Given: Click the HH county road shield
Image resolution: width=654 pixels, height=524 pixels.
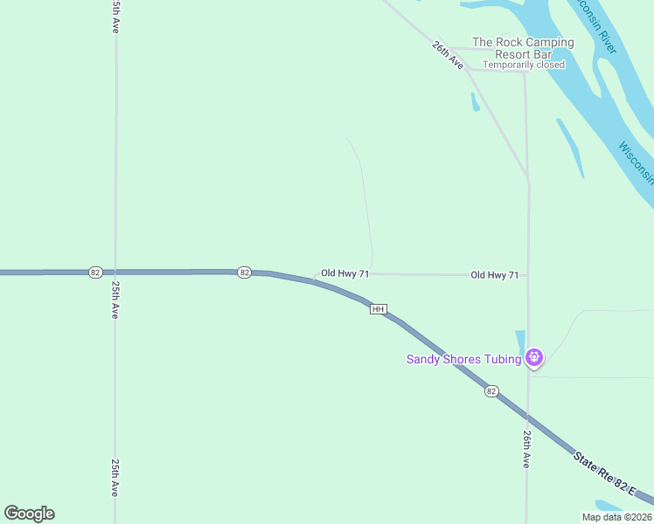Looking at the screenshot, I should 379,309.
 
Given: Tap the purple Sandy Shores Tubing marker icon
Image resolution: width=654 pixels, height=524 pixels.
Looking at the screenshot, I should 534,358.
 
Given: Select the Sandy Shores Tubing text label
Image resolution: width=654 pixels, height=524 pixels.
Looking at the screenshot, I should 463,359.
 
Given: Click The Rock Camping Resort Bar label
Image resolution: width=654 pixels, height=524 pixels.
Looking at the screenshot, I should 523,48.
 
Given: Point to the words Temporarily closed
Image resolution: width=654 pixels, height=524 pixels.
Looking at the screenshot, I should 524,65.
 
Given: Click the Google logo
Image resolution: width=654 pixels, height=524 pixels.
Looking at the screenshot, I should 29,514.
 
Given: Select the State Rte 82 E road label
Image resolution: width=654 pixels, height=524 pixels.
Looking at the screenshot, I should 612,474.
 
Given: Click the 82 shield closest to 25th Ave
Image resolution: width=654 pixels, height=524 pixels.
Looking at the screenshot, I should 94,272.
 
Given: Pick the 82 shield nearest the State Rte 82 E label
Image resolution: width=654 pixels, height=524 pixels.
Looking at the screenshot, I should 491,391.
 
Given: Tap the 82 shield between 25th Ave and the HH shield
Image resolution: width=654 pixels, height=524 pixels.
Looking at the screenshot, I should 244,272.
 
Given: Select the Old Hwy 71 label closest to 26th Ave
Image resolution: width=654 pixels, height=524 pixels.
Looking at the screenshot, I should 495,275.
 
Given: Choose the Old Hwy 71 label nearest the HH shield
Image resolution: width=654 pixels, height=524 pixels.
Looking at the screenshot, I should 344,273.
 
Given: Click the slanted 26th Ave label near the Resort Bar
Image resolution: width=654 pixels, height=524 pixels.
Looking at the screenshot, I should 447,53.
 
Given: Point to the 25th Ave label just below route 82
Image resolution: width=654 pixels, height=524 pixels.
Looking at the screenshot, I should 115,300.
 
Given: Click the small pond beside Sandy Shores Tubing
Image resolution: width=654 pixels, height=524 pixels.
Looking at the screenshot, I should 520,341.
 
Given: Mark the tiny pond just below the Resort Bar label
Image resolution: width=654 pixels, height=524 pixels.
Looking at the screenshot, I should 475,102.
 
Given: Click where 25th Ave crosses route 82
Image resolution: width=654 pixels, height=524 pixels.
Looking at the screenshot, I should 115,272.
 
